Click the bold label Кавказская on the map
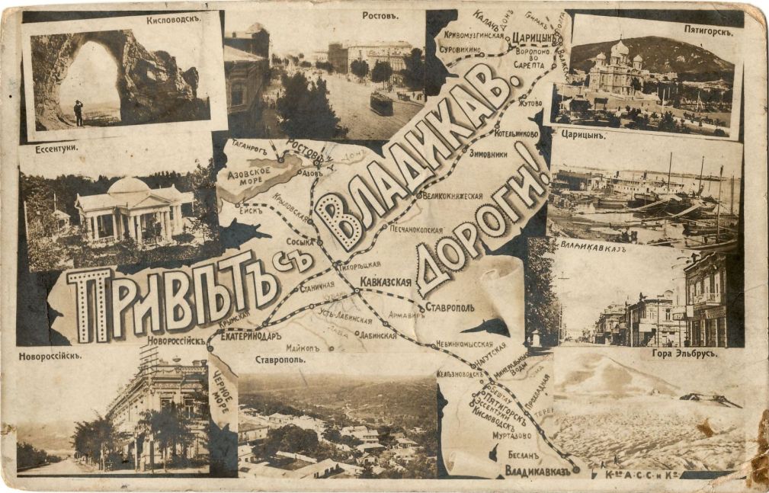[x=386, y=282]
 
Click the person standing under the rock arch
[x=79, y=114]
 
